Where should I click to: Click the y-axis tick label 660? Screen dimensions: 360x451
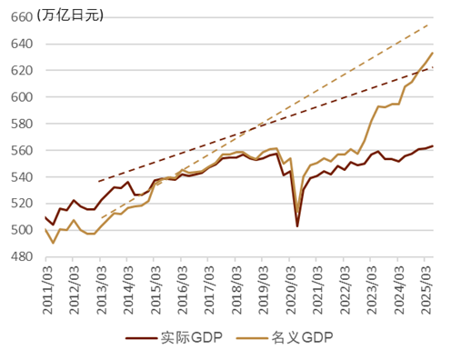click(22, 16)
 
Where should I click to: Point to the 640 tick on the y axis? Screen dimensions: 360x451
click(22, 43)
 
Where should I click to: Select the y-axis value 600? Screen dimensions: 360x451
click(22, 96)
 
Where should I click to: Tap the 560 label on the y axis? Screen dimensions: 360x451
click(22, 150)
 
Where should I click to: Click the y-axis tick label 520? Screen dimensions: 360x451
click(22, 204)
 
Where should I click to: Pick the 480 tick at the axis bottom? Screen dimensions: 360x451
click(22, 257)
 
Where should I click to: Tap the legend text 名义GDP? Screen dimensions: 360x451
click(301, 338)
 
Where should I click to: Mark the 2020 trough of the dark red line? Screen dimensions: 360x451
click(296, 226)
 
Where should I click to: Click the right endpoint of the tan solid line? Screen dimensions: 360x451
click(433, 53)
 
